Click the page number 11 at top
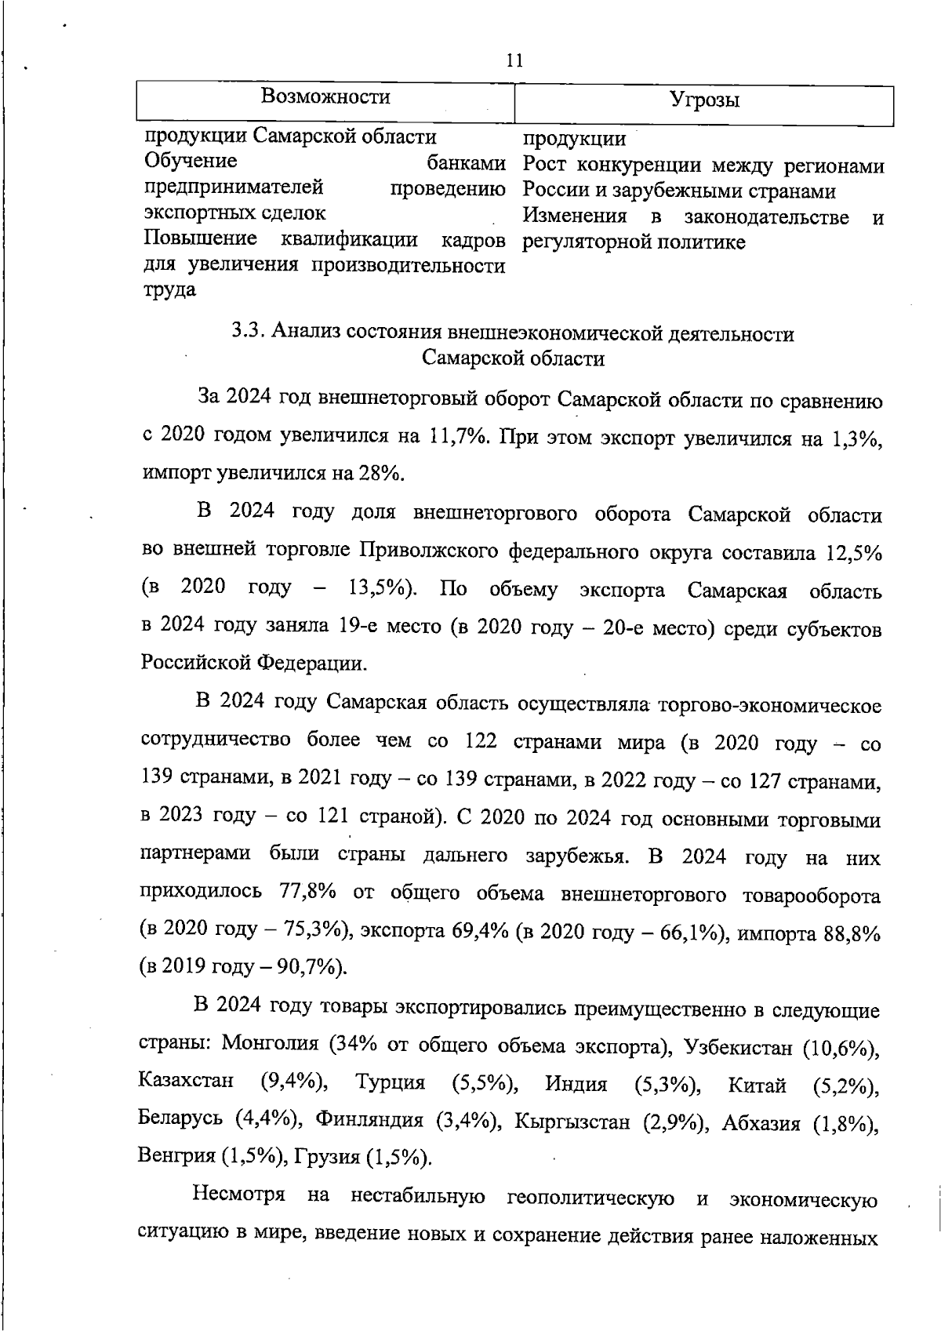pyautogui.click(x=514, y=61)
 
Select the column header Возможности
pyautogui.click(x=325, y=96)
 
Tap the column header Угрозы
pyautogui.click(x=704, y=100)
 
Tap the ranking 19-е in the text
pyautogui.click(x=362, y=626)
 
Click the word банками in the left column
pyautogui.click(x=466, y=164)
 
